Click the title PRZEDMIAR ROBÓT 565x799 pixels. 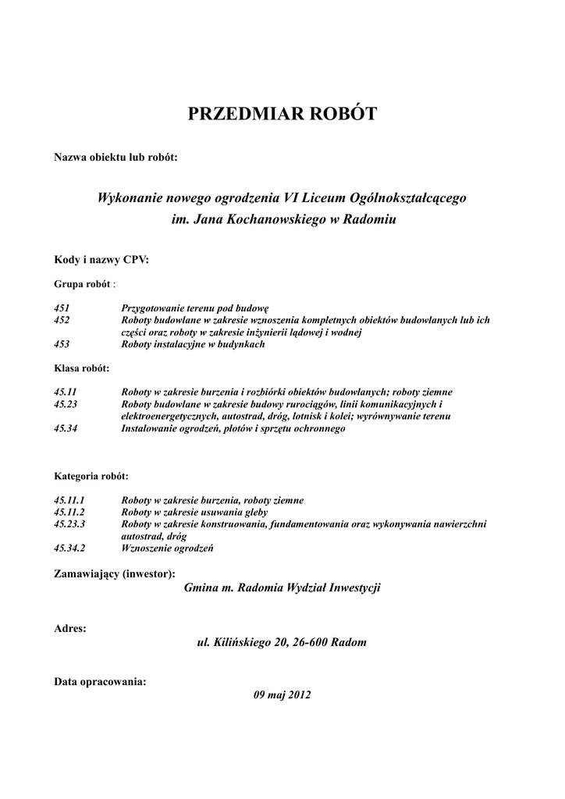(x=282, y=115)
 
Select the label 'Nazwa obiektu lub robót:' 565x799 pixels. (x=115, y=158)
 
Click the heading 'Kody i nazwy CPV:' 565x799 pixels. (x=101, y=259)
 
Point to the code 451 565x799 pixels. (x=62, y=309)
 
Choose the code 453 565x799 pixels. (x=62, y=343)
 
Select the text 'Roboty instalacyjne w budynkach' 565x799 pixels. (x=193, y=343)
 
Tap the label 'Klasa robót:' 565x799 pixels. (x=81, y=367)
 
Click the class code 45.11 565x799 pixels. (x=65, y=392)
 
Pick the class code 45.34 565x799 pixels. (x=65, y=428)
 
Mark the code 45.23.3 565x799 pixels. (x=69, y=524)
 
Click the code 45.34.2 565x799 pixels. (x=69, y=548)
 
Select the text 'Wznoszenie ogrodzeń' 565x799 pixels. (x=168, y=548)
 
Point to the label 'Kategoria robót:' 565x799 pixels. (x=91, y=476)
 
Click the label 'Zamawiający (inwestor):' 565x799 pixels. (x=114, y=574)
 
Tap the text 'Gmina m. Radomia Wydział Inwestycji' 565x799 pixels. (x=282, y=588)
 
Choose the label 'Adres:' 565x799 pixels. (x=70, y=628)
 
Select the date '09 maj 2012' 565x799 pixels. (x=282, y=695)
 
